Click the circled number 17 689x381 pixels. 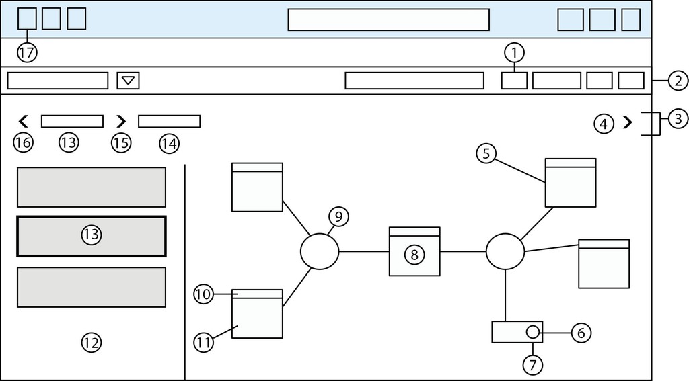pyautogui.click(x=26, y=53)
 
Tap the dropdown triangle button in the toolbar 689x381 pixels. pyautogui.click(x=128, y=81)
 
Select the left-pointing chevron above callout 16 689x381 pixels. pyautogui.click(x=23, y=122)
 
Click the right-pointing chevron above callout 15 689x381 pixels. pyautogui.click(x=121, y=122)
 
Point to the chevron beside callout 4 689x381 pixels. pyautogui.click(x=628, y=123)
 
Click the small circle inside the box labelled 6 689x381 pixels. pyautogui.click(x=532, y=332)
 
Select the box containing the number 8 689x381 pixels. pyautogui.click(x=414, y=252)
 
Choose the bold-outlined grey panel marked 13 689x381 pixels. pyautogui.click(x=91, y=236)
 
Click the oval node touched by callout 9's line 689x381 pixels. pyautogui.click(x=319, y=251)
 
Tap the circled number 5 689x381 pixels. pyautogui.click(x=486, y=154)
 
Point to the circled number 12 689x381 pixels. pyautogui.click(x=91, y=343)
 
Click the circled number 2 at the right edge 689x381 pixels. pyautogui.click(x=678, y=81)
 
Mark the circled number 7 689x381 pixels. pyautogui.click(x=532, y=364)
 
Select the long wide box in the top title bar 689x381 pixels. pyautogui.click(x=388, y=19)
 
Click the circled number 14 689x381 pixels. pyautogui.click(x=170, y=142)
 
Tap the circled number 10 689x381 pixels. pyautogui.click(x=204, y=294)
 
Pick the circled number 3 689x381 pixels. pyautogui.click(x=678, y=119)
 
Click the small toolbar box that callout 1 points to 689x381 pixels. pyautogui.click(x=515, y=81)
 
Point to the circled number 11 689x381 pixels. pyautogui.click(x=204, y=342)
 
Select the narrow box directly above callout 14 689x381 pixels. pyautogui.click(x=170, y=122)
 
